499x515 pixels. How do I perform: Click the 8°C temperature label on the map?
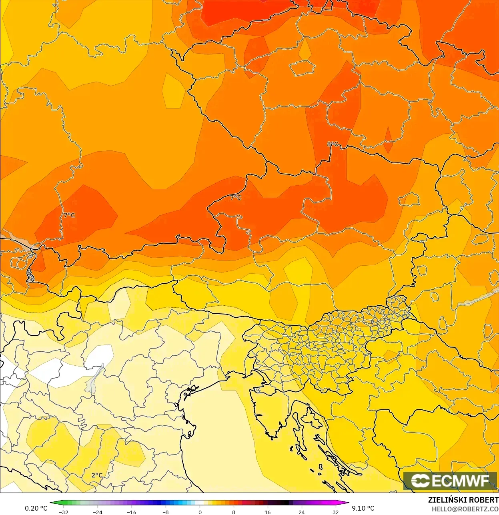point(332,144)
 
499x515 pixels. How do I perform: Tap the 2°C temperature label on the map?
point(97,475)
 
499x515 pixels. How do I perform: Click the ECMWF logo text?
point(451,481)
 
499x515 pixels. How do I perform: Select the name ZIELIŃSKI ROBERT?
point(463,500)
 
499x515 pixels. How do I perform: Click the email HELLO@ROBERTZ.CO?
point(465,509)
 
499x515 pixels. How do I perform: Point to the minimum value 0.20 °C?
point(36,508)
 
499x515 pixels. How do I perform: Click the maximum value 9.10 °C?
point(363,508)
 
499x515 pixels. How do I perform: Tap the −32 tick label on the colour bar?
point(64,512)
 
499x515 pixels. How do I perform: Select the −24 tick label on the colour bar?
point(97,512)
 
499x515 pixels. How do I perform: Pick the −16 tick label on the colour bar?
point(131,512)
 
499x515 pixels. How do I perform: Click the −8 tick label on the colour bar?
point(165,512)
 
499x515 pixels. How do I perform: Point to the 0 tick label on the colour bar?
point(200,512)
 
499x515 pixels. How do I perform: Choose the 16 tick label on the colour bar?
point(267,512)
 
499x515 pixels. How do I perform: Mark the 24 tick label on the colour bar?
point(301,512)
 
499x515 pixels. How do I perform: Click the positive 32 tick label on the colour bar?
point(335,512)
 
